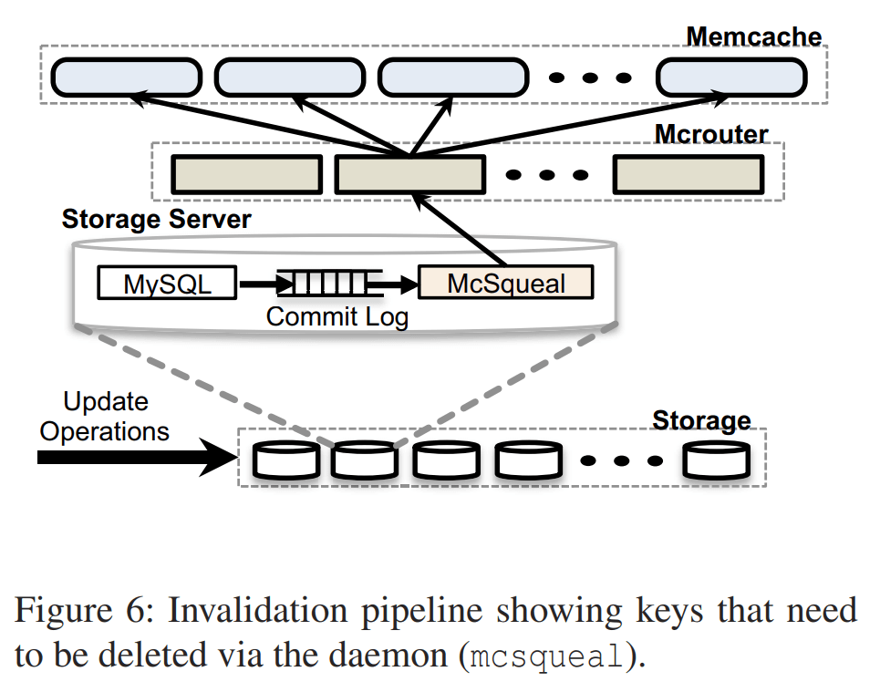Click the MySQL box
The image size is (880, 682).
(x=167, y=284)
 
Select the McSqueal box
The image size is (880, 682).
(x=505, y=284)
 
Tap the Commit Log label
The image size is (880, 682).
(x=336, y=317)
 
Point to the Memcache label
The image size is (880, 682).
(x=753, y=37)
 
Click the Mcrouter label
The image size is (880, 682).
(x=710, y=134)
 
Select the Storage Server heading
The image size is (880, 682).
(x=156, y=220)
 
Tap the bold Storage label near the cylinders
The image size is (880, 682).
(x=701, y=421)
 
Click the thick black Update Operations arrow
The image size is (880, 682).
(x=137, y=458)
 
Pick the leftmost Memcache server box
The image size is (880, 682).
(x=125, y=77)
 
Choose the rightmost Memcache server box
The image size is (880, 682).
(x=731, y=77)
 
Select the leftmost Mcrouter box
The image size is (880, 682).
(x=248, y=174)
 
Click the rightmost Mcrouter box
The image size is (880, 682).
(x=688, y=174)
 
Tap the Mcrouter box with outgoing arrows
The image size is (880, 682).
(x=409, y=174)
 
